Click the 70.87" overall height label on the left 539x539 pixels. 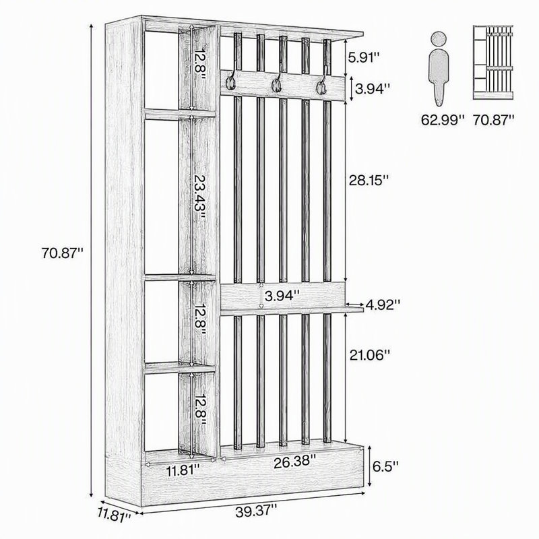click(62, 253)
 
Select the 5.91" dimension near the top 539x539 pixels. click(364, 57)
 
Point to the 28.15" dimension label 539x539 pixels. click(369, 180)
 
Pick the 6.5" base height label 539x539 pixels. click(386, 466)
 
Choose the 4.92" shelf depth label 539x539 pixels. click(383, 305)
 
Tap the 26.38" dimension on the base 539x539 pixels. click(294, 462)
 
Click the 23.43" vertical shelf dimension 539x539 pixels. click(199, 197)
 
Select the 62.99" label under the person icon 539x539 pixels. click(443, 120)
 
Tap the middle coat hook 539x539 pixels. click(276, 82)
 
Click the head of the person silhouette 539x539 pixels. click(439, 39)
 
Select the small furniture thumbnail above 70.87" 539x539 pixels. click(493, 63)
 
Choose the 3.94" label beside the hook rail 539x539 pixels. click(373, 89)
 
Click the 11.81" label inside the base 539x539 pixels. click(183, 470)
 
